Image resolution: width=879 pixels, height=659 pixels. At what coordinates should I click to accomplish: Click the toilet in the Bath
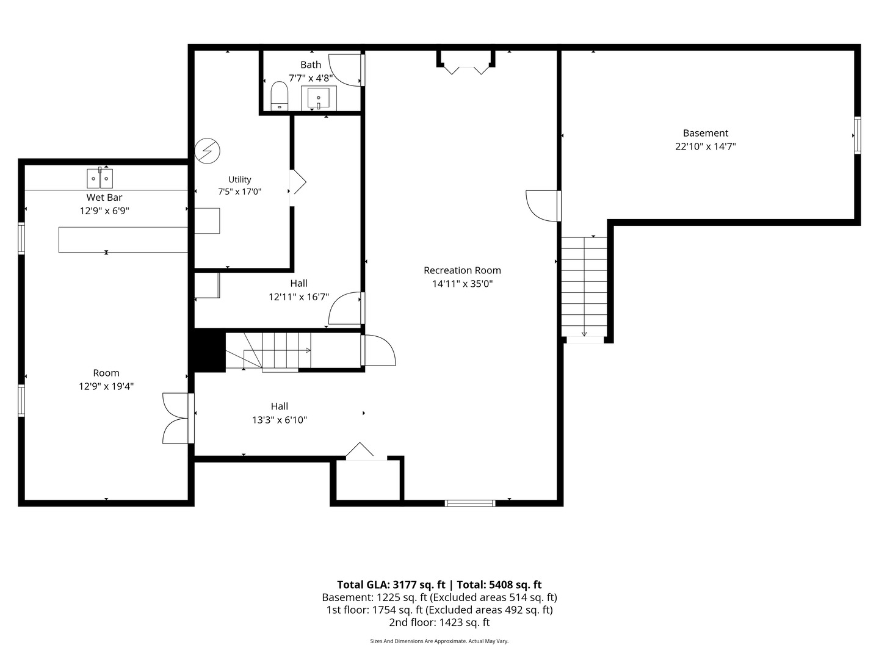(280, 96)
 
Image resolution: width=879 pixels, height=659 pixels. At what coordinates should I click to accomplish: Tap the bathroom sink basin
(319, 98)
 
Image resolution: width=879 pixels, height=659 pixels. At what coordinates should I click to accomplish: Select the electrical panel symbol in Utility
(208, 151)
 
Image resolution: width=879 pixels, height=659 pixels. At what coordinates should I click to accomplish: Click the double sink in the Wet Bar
(99, 178)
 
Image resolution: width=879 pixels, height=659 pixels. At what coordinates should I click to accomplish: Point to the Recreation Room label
(462, 270)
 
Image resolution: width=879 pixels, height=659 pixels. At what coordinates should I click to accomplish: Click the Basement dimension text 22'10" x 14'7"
(706, 146)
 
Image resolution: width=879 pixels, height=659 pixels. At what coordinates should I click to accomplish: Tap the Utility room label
(240, 179)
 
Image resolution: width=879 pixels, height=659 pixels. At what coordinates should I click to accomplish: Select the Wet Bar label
(104, 197)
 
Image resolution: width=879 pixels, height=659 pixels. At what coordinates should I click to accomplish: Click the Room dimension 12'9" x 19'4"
(106, 386)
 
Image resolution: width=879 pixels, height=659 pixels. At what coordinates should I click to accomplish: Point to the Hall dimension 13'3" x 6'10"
(280, 420)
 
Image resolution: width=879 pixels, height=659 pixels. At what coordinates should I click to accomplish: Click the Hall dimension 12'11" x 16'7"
(298, 297)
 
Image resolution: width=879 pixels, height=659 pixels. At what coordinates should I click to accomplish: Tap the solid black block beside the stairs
(209, 350)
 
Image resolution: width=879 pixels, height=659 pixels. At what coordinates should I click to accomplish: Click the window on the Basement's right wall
(858, 135)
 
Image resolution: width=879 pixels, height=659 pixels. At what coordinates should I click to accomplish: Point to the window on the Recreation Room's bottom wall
(470, 503)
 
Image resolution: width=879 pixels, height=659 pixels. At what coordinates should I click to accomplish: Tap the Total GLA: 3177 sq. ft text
(391, 585)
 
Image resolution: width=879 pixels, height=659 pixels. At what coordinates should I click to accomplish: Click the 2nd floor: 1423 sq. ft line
(440, 622)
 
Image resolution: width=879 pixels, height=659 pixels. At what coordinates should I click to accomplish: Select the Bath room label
(311, 65)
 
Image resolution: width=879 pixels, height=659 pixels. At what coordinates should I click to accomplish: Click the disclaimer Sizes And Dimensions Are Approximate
(419, 641)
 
